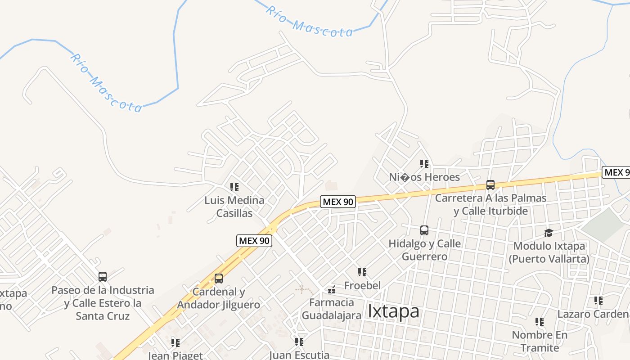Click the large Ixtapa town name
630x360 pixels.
pos(393,311)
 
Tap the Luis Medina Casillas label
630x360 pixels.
pos(234,207)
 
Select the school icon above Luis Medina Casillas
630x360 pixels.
pos(234,187)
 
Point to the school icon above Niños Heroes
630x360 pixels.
pos(424,164)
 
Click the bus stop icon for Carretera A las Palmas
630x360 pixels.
pos(490,185)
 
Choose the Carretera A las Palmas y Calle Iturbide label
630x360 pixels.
pos(490,204)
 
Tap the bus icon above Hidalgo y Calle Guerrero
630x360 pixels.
pos(424,230)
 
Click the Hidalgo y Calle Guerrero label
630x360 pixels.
pos(424,250)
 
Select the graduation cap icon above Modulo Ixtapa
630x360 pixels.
pos(549,233)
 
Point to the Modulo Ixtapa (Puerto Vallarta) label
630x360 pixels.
pos(549,252)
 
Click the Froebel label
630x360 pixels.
pos(362,285)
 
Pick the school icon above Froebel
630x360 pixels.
pos(362,272)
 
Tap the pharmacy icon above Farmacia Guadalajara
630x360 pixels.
pos(332,289)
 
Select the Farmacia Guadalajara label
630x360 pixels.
pos(331,309)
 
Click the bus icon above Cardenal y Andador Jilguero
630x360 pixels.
pos(219,279)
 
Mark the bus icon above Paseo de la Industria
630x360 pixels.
pos(103,277)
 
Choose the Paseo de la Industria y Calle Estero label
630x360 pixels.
pos(103,303)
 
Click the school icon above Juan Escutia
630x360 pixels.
pos(299,342)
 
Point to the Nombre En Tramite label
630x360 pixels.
pos(540,341)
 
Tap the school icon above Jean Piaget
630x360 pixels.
pos(175,343)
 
